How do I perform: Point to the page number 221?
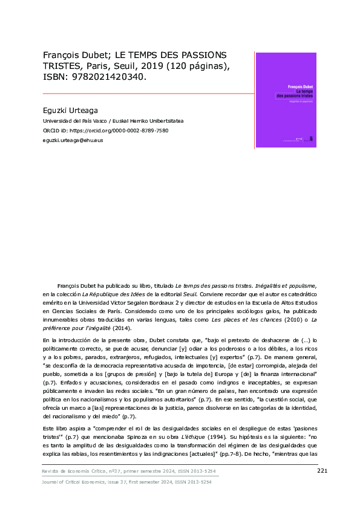click(322, 471)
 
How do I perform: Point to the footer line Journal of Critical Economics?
click(126, 482)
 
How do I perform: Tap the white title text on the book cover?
click(294, 93)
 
